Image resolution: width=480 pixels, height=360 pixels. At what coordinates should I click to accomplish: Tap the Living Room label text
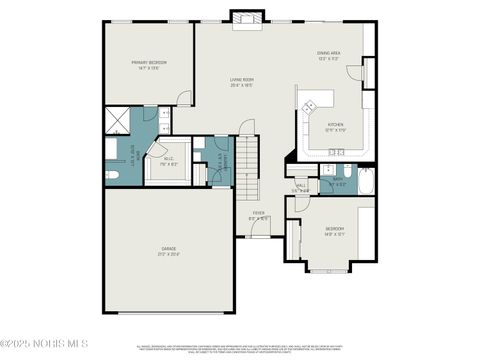241,83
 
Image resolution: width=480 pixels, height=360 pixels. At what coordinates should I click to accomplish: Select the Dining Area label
329,56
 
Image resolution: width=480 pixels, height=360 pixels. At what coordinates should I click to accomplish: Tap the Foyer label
258,215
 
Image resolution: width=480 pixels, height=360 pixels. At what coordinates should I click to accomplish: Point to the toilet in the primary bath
112,176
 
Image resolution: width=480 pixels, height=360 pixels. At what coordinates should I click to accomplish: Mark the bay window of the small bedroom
330,267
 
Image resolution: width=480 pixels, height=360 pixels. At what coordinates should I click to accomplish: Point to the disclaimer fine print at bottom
240,349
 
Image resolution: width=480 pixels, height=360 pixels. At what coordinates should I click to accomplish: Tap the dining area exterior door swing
367,72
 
